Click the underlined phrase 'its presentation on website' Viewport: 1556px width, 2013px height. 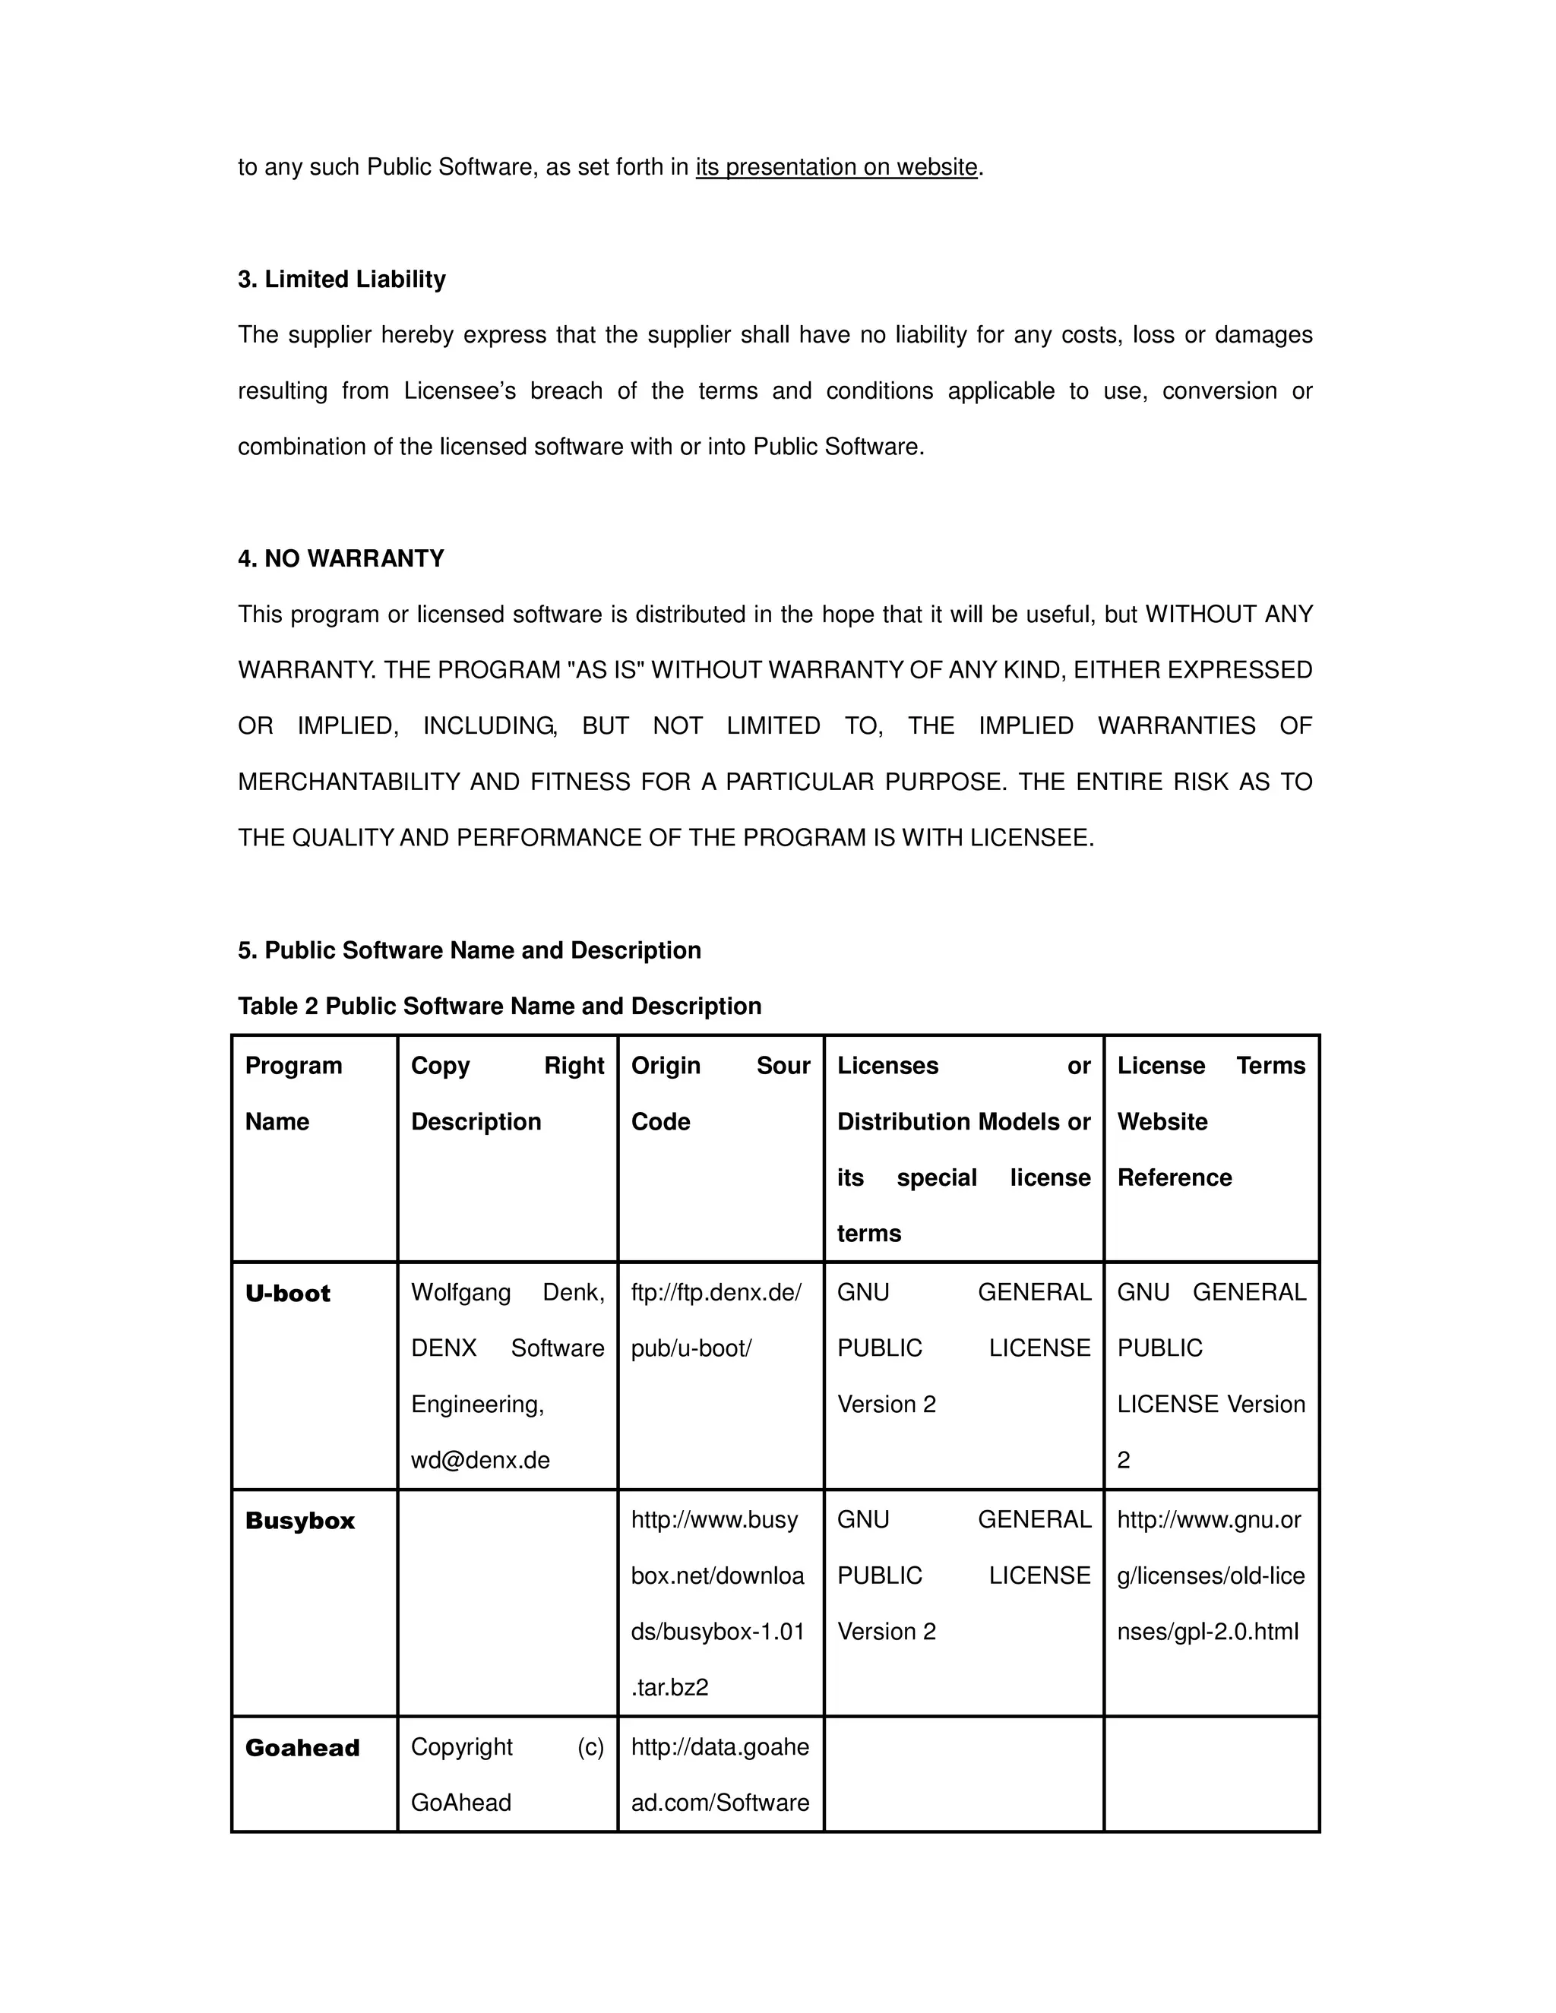click(836, 168)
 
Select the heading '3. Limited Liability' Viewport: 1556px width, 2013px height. click(342, 280)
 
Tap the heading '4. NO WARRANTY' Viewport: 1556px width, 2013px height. click(341, 558)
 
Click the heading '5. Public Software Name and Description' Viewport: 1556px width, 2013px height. click(470, 950)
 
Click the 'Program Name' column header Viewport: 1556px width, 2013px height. click(293, 1093)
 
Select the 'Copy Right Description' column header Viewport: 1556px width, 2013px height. click(507, 1093)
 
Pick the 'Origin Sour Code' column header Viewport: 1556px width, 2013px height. click(720, 1093)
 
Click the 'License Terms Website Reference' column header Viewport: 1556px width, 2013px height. click(1210, 1120)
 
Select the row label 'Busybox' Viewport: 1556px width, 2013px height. click(299, 1521)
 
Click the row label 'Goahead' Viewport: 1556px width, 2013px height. click(302, 1748)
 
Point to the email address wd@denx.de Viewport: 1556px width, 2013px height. click(480, 1460)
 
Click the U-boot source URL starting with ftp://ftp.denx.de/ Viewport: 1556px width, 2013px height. click(716, 1320)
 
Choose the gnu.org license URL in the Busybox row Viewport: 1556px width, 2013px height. click(1210, 1575)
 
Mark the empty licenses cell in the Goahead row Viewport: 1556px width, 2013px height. click(963, 1774)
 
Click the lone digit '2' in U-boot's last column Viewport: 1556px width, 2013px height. click(1124, 1460)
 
